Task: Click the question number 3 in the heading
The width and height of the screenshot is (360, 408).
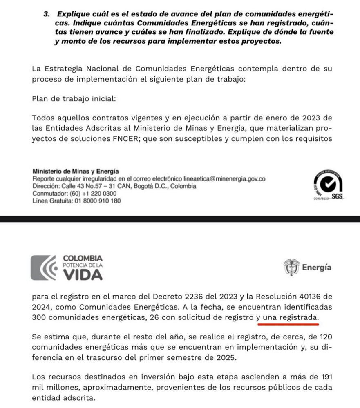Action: pyautogui.click(x=46, y=14)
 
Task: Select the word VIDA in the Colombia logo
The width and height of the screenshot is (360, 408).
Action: pyautogui.click(x=83, y=275)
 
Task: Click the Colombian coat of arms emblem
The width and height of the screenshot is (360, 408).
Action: pyautogui.click(x=291, y=267)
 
